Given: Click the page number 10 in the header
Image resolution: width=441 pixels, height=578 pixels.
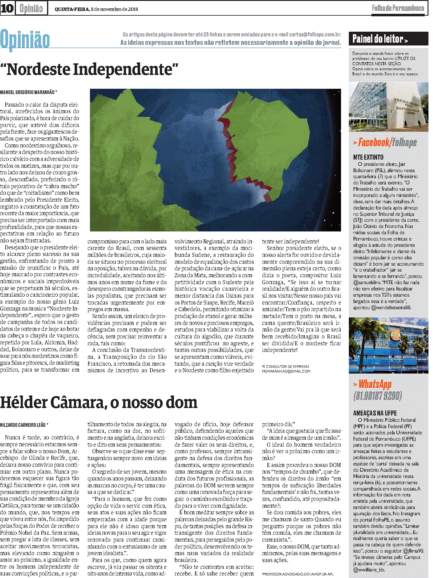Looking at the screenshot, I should click(7, 8).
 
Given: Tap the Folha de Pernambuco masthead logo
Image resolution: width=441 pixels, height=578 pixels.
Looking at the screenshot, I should click(398, 8).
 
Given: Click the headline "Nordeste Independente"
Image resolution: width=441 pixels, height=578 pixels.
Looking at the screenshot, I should click(89, 70).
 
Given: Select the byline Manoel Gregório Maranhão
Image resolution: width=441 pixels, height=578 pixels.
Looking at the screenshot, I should click(29, 92).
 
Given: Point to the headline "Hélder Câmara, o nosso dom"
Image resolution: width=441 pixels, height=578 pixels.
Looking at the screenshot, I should click(99, 402).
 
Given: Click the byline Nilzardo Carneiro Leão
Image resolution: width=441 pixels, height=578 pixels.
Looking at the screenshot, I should click(24, 425).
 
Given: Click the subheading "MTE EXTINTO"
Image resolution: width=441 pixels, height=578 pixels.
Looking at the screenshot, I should click(368, 157).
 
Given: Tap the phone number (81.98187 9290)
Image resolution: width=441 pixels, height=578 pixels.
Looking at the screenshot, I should click(377, 396).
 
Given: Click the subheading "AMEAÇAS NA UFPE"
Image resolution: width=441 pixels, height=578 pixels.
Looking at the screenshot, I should click(375, 413).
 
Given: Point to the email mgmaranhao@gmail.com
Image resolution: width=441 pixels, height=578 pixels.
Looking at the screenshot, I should click(286, 371).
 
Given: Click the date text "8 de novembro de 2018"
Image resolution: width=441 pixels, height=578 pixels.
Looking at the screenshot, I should click(114, 9).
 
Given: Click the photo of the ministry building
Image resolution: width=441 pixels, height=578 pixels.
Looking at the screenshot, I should click(388, 107).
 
